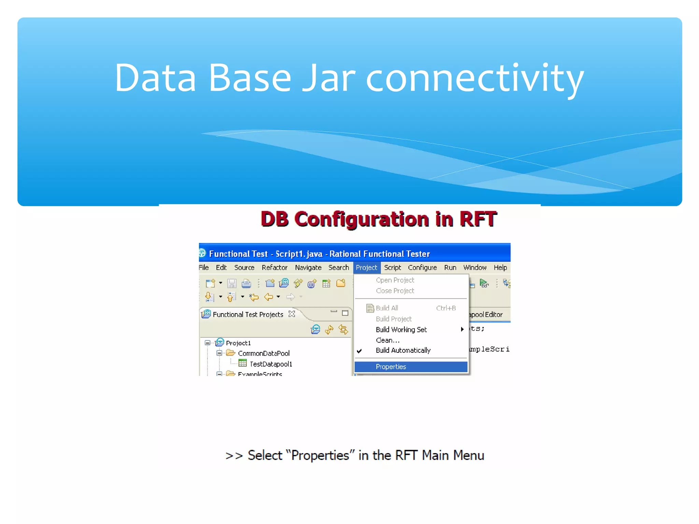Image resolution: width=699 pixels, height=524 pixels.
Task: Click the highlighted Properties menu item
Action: pyautogui.click(x=391, y=367)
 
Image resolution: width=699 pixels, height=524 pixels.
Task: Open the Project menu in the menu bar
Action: pyautogui.click(x=366, y=268)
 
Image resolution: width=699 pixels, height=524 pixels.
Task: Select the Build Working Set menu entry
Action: pyautogui.click(x=401, y=330)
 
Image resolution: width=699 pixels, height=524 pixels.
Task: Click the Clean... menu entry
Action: pyautogui.click(x=387, y=340)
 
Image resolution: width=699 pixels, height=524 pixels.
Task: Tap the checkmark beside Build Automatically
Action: pyautogui.click(x=359, y=351)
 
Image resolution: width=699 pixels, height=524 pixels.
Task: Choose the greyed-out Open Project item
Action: pyautogui.click(x=395, y=280)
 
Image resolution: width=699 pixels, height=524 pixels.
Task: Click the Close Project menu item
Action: pyautogui.click(x=395, y=291)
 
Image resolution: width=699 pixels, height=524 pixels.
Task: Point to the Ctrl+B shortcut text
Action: pyautogui.click(x=446, y=308)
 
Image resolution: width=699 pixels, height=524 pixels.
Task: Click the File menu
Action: pyautogui.click(x=204, y=268)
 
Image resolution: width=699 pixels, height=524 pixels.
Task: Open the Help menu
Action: pyautogui.click(x=500, y=268)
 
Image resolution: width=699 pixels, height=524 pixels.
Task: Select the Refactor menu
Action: pyautogui.click(x=274, y=268)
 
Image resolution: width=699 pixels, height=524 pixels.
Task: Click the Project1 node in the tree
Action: pyautogui.click(x=238, y=343)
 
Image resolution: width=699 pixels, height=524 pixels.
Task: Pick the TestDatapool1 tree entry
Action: pyautogui.click(x=271, y=364)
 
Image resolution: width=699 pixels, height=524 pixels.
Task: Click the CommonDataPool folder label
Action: pyautogui.click(x=263, y=353)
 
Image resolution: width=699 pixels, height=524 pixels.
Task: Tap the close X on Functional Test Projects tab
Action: pyautogui.click(x=291, y=314)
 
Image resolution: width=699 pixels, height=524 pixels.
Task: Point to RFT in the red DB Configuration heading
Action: pyautogui.click(x=477, y=219)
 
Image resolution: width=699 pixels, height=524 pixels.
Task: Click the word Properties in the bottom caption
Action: pyautogui.click(x=320, y=455)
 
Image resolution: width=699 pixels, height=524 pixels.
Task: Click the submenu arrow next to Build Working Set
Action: pyautogui.click(x=462, y=329)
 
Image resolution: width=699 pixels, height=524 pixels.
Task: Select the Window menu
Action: pyautogui.click(x=474, y=268)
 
